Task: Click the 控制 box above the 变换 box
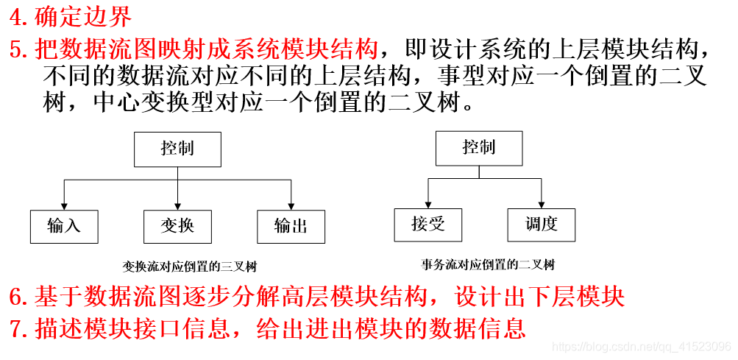177,149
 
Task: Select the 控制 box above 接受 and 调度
479,149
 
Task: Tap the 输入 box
64,227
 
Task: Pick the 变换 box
177,227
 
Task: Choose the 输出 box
291,227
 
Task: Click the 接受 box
427,225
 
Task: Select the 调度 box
542,225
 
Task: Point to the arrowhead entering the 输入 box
64,206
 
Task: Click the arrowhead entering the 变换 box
177,206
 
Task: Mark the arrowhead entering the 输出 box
291,206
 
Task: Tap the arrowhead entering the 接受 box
427,205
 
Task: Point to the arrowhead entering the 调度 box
542,205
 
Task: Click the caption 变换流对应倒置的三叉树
190,267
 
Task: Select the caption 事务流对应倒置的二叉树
488,265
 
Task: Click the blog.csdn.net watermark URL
641,347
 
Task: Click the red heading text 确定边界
83,18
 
